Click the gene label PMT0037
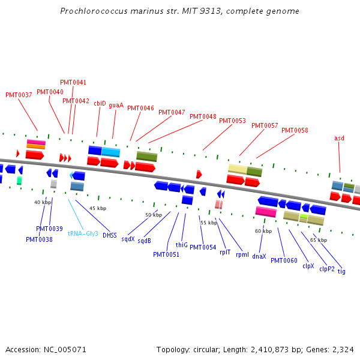click(x=19, y=95)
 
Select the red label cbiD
click(x=100, y=103)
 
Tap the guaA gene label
click(x=116, y=105)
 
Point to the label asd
click(x=339, y=138)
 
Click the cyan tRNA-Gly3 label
click(x=83, y=233)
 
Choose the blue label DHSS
click(x=109, y=235)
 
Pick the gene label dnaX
click(x=259, y=256)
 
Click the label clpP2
click(x=327, y=269)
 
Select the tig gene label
click(x=341, y=271)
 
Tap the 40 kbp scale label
click(x=43, y=202)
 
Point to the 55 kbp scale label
click(x=208, y=223)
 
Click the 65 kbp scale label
click(x=319, y=240)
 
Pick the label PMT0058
click(x=295, y=130)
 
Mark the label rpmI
click(x=242, y=254)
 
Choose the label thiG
click(x=181, y=245)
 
